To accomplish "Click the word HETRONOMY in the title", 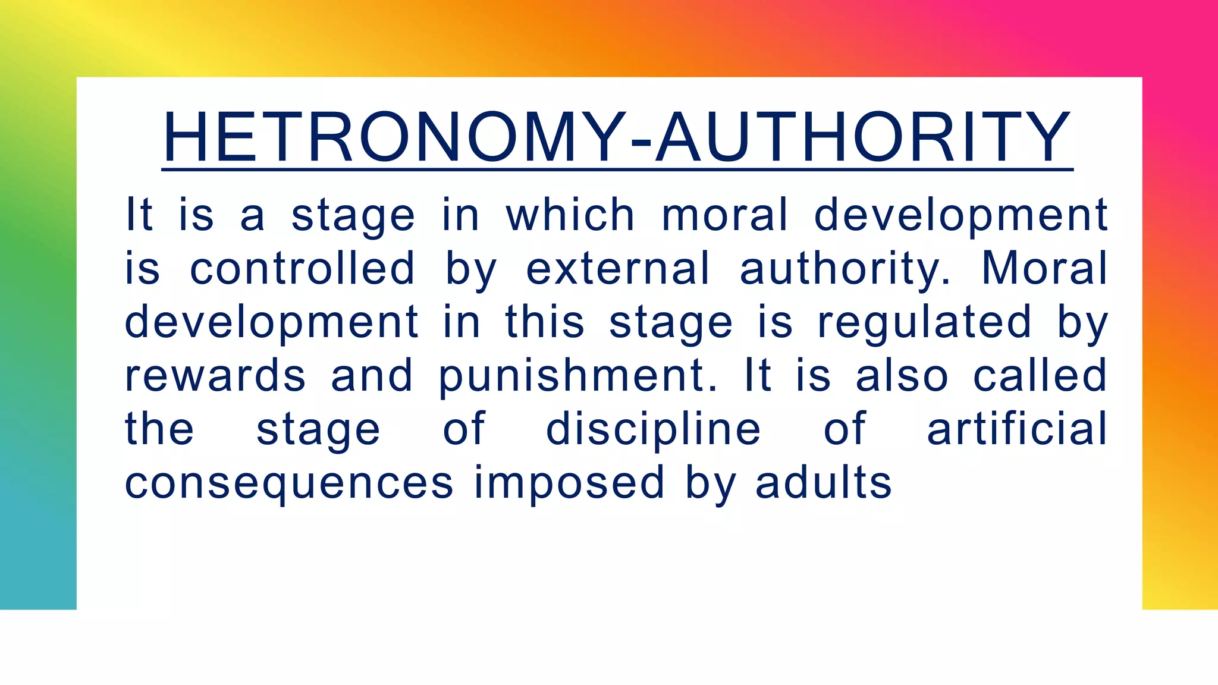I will coord(393,138).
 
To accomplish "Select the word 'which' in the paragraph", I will coord(570,215).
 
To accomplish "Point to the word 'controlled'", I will coord(302,268).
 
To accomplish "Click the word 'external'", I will coord(618,268).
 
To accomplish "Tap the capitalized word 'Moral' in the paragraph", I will coord(1044,268).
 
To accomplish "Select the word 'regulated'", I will coord(924,323).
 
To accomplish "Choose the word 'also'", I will coord(902,376).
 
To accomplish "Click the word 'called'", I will coord(1040,376).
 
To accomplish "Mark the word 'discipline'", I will coord(653,430).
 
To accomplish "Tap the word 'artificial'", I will coord(1017,429).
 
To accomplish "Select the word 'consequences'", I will coord(289,483).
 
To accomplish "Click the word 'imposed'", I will coord(569,483).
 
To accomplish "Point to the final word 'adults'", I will coord(824,482).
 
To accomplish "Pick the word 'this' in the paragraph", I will coord(545,322).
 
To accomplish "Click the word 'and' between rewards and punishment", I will coord(372,376).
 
